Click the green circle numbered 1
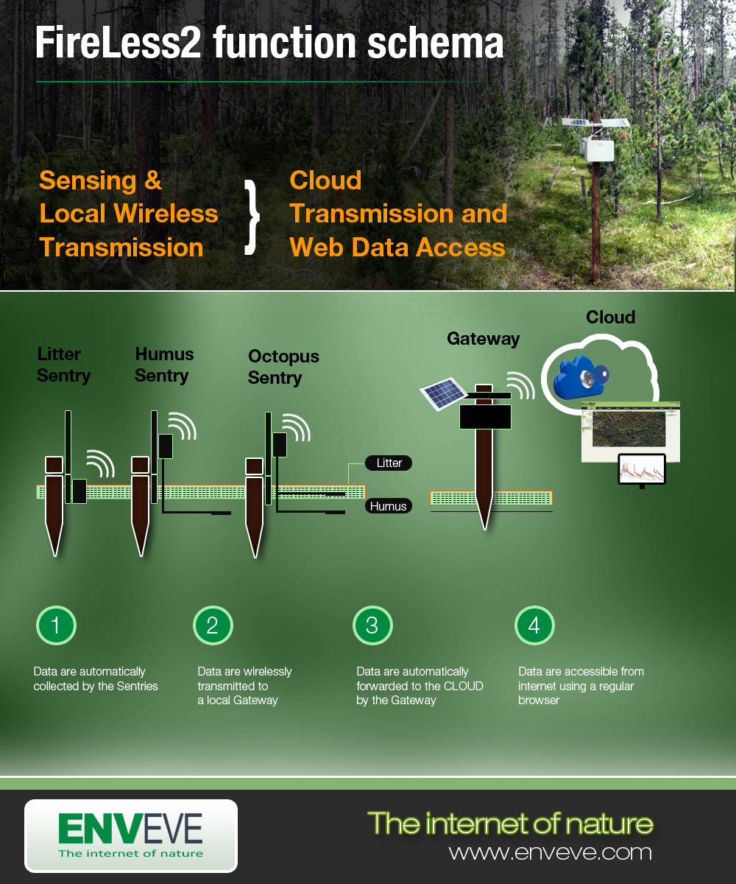point(56,625)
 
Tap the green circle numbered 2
point(213,625)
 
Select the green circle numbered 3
point(372,625)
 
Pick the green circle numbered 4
point(534,625)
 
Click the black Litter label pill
point(389,463)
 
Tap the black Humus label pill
point(389,507)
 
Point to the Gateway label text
point(483,339)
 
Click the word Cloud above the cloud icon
point(610,318)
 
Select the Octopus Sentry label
point(283,367)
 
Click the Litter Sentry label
point(63,365)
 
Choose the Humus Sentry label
point(164,365)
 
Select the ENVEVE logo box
point(131,836)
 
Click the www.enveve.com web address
point(550,852)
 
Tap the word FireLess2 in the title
point(119,44)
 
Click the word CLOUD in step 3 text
point(464,686)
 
